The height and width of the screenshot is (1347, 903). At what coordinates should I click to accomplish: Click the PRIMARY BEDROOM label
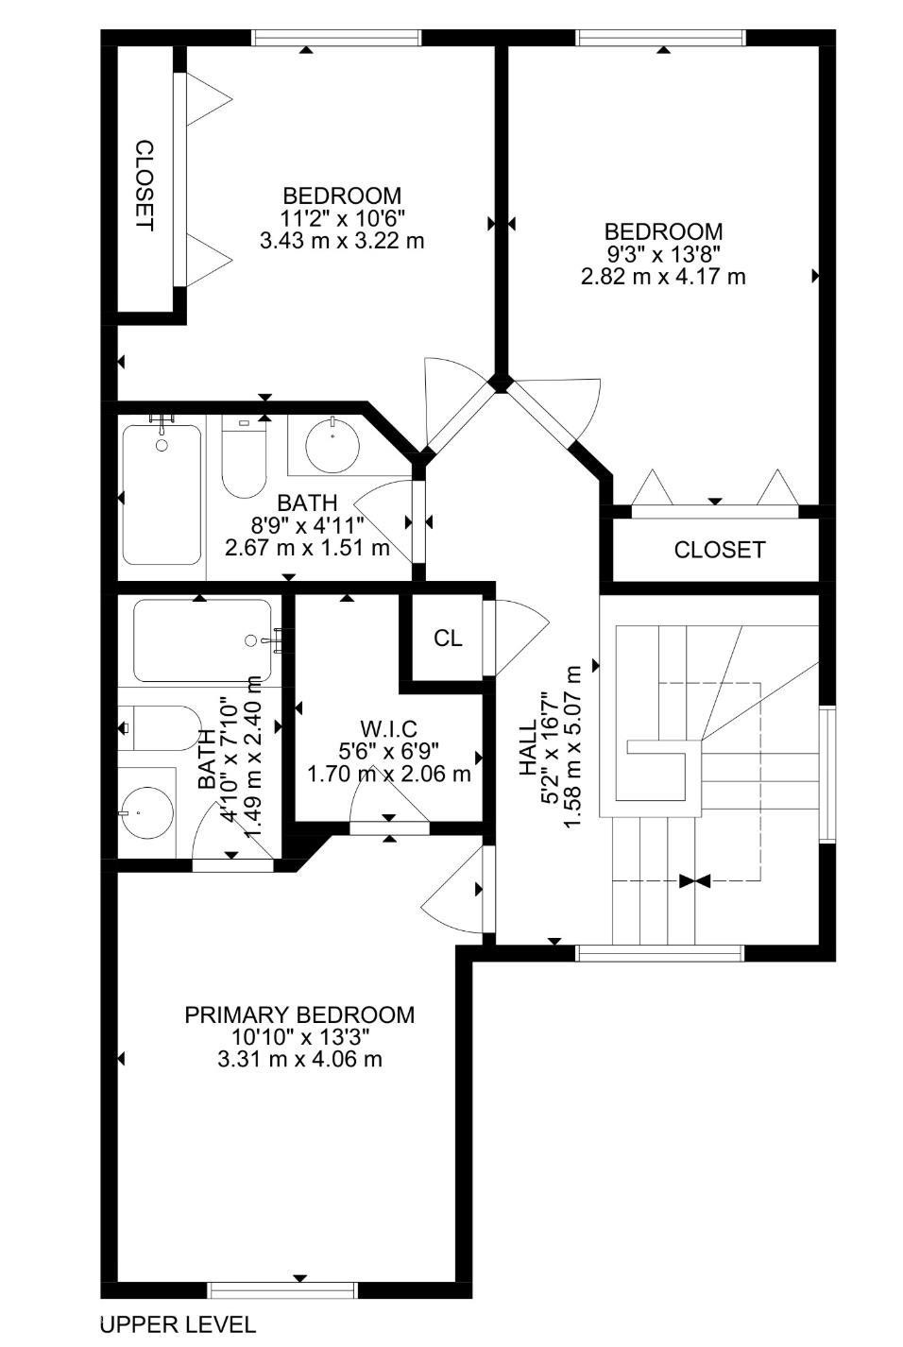tap(299, 1015)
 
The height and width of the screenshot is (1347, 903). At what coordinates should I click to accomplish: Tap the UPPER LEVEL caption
tap(178, 1324)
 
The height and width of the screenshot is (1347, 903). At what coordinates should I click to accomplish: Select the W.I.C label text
tap(388, 728)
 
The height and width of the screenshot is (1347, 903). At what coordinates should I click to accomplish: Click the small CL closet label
tap(448, 639)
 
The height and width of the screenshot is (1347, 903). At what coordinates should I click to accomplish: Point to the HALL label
tap(528, 747)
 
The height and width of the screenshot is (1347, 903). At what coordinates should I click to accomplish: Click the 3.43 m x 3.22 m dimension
tap(341, 241)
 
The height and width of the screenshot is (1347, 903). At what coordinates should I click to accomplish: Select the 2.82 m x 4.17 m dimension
tap(663, 277)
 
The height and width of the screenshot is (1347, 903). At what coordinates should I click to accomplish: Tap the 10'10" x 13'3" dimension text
tap(299, 1037)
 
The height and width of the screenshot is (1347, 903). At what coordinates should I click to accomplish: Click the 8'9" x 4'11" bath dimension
tap(307, 526)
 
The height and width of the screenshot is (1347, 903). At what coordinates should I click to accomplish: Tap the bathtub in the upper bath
tap(162, 494)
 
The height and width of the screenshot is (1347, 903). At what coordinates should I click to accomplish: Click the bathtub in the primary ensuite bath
tap(202, 640)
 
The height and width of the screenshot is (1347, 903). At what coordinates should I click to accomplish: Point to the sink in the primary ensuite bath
tap(146, 812)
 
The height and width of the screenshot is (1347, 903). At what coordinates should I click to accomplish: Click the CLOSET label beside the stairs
tap(719, 550)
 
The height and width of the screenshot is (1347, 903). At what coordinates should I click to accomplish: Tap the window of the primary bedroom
tap(282, 1290)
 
